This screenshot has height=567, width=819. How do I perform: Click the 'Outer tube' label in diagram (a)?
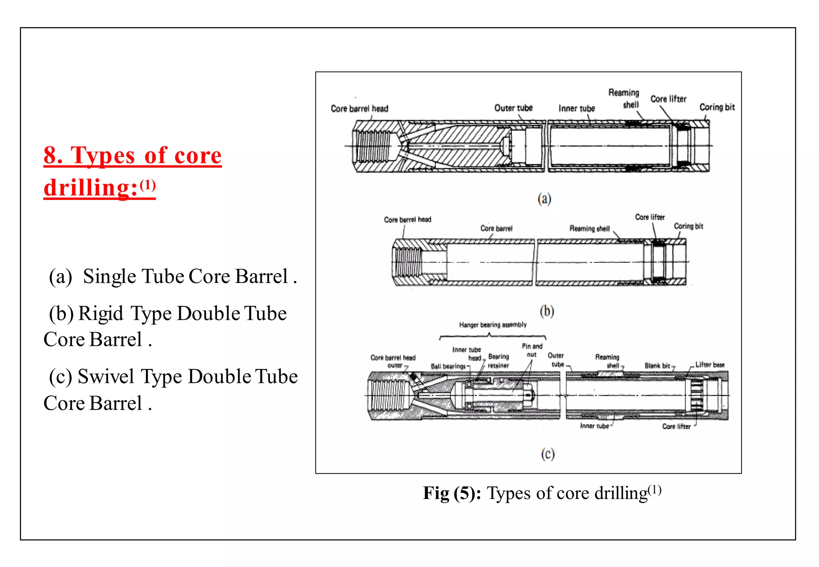coord(513,108)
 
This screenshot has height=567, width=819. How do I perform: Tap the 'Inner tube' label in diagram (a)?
coord(577,108)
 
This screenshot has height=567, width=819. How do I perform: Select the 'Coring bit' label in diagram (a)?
coord(717,107)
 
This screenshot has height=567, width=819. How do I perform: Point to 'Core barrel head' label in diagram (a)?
coord(360,109)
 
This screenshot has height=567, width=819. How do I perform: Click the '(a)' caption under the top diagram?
coord(544,199)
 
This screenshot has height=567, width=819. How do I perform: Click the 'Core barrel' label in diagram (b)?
coord(496,228)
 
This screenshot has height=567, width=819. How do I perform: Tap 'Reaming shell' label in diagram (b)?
coord(589,229)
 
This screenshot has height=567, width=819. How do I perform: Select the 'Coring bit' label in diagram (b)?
coord(688,226)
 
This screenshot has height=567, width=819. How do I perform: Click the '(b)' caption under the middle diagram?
coord(547,311)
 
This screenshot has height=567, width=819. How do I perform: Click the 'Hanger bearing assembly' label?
coord(493,325)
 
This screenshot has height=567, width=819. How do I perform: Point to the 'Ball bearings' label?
coord(448,366)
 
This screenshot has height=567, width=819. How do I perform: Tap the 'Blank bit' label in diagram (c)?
coord(657,366)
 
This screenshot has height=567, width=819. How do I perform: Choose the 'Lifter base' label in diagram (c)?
coord(710,365)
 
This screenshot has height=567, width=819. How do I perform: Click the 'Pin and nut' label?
coord(532,350)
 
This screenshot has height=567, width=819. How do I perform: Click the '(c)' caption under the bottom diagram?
coord(547,454)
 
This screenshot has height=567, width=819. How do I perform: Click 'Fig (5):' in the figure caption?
coord(452,493)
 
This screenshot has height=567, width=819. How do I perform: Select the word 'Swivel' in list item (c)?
coord(106,377)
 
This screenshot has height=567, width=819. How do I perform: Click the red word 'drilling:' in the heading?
coord(91,188)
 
